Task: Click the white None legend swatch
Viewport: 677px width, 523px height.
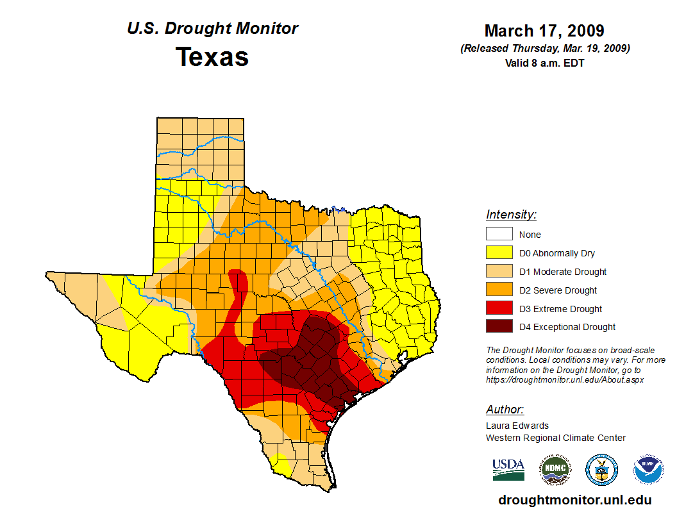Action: point(499,235)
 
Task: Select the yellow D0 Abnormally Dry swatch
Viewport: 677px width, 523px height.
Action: point(499,253)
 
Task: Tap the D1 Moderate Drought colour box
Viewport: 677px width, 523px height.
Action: point(499,272)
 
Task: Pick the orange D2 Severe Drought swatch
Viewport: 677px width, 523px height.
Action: point(499,290)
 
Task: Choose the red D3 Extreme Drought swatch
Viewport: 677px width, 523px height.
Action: point(499,309)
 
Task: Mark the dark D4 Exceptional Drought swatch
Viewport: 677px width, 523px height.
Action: point(499,327)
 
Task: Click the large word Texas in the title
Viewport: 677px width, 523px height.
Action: point(212,56)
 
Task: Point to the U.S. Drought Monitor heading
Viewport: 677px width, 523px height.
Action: point(212,29)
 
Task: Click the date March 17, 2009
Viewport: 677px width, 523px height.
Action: point(544,31)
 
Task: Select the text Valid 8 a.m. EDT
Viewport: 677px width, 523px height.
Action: point(544,63)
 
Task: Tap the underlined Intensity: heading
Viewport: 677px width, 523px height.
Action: point(511,215)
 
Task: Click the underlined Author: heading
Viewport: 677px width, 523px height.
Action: point(505,410)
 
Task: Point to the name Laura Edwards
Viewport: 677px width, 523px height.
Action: point(517,426)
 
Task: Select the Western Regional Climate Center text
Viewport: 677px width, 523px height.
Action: point(555,438)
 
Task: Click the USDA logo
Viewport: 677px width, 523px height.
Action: point(508,470)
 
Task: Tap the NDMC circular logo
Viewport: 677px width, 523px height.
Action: point(555,470)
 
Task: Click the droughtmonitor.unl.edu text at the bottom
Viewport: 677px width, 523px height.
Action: point(575,501)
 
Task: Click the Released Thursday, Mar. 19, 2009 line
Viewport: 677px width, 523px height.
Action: point(544,48)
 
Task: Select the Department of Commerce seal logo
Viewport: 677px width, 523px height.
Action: point(601,470)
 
